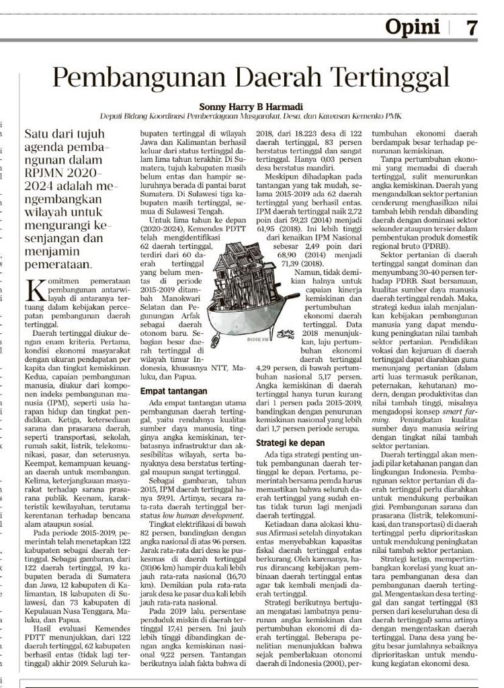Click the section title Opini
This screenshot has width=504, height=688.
click(x=413, y=28)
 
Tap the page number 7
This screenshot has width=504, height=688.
click(x=472, y=28)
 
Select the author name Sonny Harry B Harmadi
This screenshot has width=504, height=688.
click(x=251, y=105)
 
